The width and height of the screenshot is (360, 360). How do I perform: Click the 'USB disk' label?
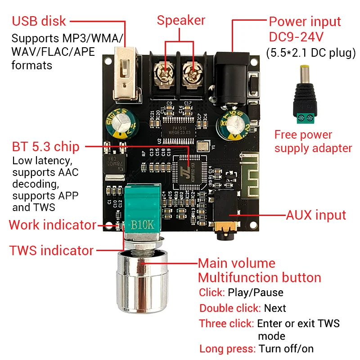pos(39,21)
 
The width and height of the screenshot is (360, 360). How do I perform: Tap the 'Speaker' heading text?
pos(181,20)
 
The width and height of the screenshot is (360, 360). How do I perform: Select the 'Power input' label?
pos(305,21)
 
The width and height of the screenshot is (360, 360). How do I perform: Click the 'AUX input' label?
pos(316,215)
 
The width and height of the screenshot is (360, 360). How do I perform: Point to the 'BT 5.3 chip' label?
pos(45,146)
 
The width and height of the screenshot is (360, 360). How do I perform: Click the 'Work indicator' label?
pos(52,225)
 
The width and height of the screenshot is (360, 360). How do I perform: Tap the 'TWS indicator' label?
pos(51,250)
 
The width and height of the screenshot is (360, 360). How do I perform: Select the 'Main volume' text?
pos(236,263)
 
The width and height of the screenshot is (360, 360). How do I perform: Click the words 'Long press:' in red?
pos(228,348)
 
